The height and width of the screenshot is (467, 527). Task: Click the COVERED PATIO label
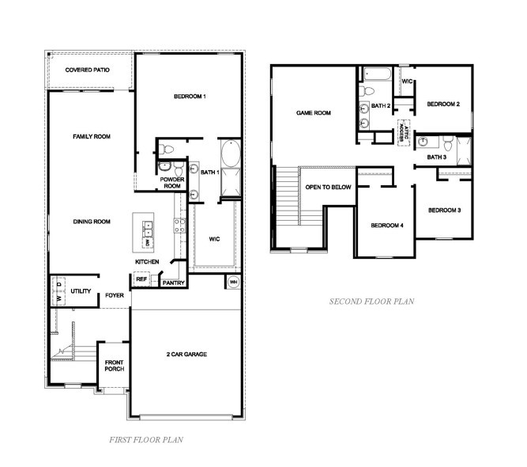pos(88,70)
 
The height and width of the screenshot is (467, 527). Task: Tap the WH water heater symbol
pos(234,281)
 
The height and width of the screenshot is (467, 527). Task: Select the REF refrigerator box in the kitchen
pos(142,279)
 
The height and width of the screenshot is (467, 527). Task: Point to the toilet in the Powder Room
pos(178,169)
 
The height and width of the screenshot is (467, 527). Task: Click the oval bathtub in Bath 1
pos(232,154)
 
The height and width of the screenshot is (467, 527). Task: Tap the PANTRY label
pos(173,283)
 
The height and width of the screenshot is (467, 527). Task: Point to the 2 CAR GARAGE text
pos(186,354)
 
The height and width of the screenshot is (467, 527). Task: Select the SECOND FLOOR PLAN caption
pos(371,302)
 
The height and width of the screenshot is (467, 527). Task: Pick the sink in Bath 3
pos(425,142)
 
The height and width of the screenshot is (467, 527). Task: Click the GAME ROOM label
pos(313,113)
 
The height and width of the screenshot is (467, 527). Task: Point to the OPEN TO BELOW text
pos(328,187)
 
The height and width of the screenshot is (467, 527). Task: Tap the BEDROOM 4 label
pos(387,226)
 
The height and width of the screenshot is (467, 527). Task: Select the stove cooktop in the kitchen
pos(179,226)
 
